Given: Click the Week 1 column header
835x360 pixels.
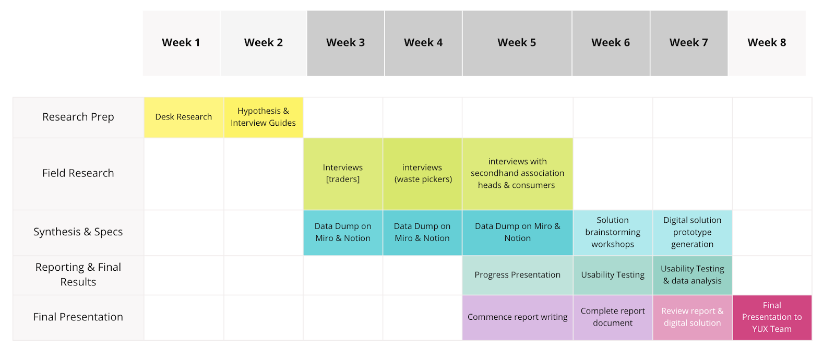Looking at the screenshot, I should coord(181,43).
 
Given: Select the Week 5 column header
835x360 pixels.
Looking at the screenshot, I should coord(517,43).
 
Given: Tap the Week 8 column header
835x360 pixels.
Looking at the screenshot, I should coord(767,43).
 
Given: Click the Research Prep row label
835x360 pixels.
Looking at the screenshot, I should coord(78,117).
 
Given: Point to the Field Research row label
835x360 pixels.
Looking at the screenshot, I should coord(78,173).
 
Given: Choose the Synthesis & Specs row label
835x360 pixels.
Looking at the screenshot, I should coord(78,232).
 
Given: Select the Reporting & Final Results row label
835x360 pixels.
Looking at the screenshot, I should coord(78,274).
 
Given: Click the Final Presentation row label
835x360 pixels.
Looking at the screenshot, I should coord(78,317).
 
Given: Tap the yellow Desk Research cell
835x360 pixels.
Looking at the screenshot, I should coord(184,117).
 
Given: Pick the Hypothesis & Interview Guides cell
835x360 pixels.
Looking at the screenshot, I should coord(263,117).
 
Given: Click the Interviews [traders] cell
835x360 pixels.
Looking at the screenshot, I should coord(343,173).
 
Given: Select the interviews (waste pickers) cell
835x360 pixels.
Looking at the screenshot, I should coord(423,173).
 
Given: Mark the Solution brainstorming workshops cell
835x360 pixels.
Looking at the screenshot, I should coord(613,232).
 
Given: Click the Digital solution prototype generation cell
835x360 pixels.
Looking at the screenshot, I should coord(692,232).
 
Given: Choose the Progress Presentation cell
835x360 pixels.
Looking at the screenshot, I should coord(517,275).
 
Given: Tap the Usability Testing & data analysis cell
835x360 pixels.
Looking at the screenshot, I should coord(692,275).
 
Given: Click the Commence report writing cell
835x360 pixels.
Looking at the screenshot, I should coord(517,317).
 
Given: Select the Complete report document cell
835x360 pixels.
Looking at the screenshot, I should coord(613,317).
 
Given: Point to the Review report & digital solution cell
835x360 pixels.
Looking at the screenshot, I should coord(692,317).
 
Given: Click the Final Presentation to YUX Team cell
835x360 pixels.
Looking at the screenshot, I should coord(772,317).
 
